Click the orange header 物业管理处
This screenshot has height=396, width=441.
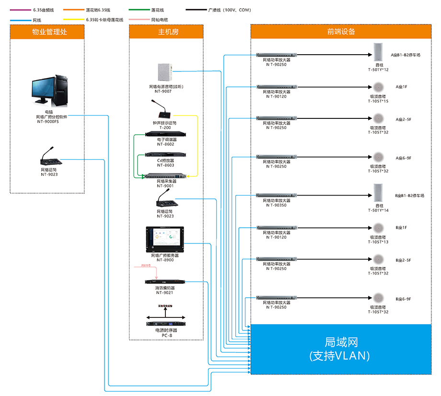(47, 32)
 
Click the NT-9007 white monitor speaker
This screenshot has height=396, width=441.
(165, 73)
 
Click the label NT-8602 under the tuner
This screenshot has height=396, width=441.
(165, 144)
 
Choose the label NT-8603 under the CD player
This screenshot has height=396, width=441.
(165, 165)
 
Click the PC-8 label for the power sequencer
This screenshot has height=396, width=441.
(165, 335)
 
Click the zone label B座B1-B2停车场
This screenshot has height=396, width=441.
(410, 196)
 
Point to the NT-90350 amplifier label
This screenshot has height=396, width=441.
(277, 205)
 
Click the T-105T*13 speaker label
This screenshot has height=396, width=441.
(378, 242)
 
